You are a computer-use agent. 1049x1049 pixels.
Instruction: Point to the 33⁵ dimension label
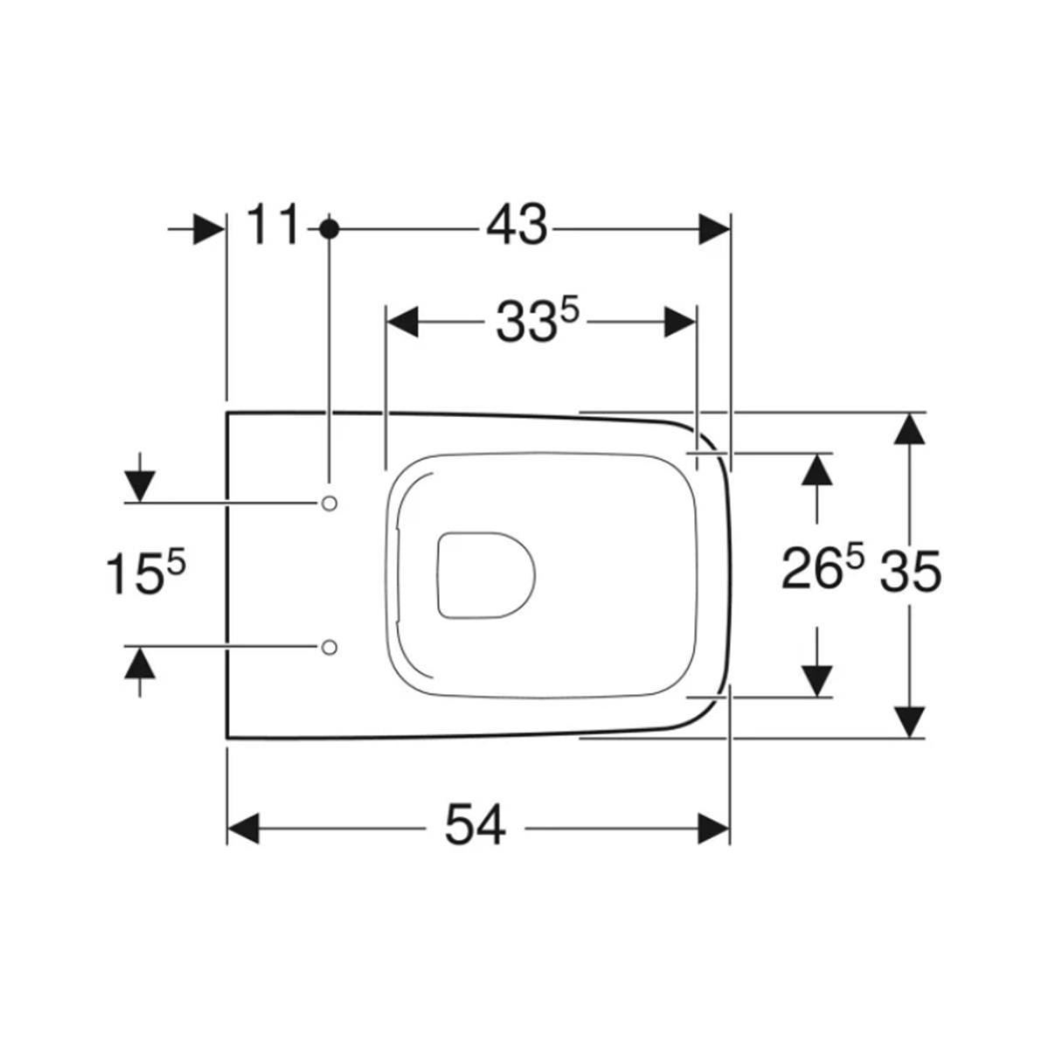click(537, 322)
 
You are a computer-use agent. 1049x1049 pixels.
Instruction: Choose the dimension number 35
click(911, 572)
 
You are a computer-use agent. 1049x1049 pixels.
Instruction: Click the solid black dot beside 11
click(329, 229)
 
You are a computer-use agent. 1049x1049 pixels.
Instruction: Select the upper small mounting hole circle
click(329, 504)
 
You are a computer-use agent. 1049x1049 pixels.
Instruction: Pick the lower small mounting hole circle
click(329, 647)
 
